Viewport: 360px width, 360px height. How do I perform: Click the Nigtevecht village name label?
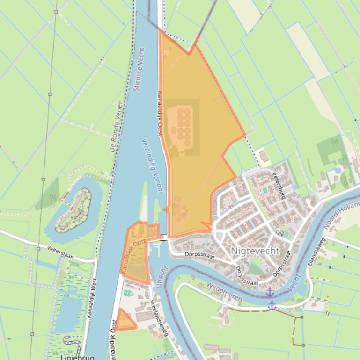255,251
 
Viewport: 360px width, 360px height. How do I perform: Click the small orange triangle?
125,321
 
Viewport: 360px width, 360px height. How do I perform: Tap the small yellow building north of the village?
264,156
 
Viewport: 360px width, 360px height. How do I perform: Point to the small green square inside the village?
265,190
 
